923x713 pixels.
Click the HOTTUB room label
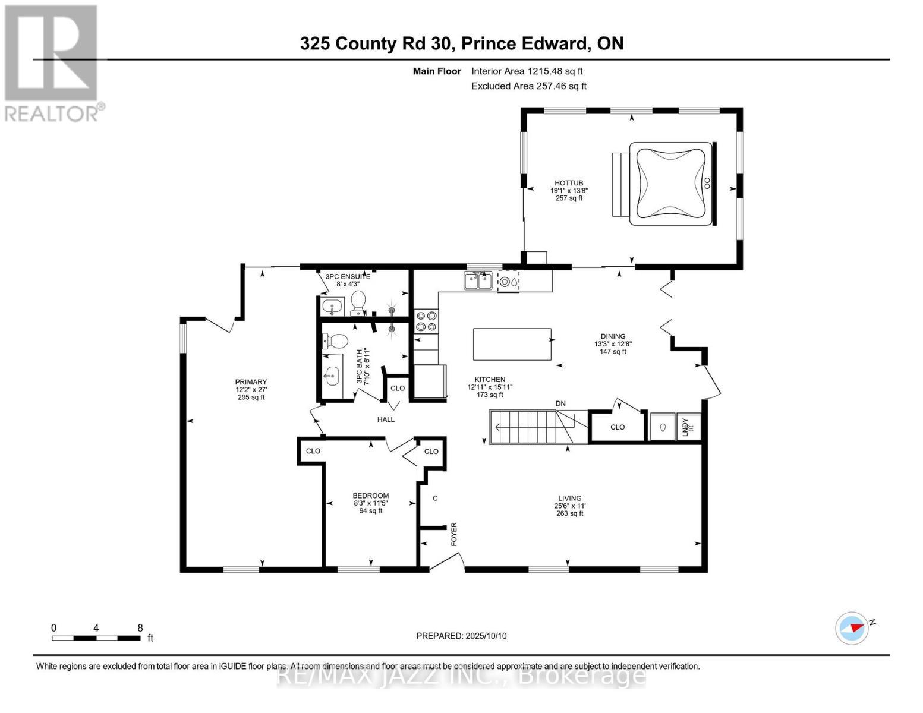[x=569, y=183]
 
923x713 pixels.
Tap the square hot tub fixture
[x=670, y=183]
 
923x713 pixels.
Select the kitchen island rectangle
[x=512, y=344]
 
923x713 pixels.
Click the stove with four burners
[x=426, y=321]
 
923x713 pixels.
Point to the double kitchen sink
[x=478, y=280]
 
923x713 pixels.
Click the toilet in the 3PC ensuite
[x=358, y=302]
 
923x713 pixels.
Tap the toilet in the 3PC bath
[x=336, y=342]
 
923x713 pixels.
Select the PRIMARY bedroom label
[x=251, y=382]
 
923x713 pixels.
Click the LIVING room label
[x=569, y=498]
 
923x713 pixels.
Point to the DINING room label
[x=613, y=336]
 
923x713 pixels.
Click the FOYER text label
[x=454, y=534]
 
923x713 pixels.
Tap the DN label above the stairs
[x=560, y=403]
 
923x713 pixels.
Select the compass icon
[x=852, y=628]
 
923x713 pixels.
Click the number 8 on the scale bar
[x=140, y=628]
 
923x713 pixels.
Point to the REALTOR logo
[x=52, y=62]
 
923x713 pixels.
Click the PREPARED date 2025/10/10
[x=461, y=636]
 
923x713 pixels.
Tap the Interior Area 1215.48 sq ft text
[x=527, y=71]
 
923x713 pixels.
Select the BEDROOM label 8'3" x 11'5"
[x=370, y=496]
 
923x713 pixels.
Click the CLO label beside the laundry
[x=618, y=427]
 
